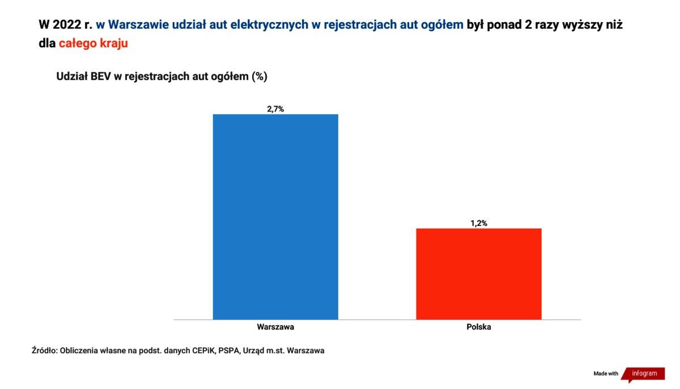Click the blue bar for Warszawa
pyautogui.click(x=275, y=216)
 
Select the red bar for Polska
pyautogui.click(x=479, y=273)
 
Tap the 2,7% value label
pyautogui.click(x=275, y=109)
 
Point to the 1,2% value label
pyautogui.click(x=479, y=223)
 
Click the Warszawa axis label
pyautogui.click(x=275, y=327)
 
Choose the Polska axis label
pyautogui.click(x=479, y=327)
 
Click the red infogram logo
pyautogui.click(x=644, y=374)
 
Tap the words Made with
pyautogui.click(x=606, y=374)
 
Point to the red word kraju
pyautogui.click(x=113, y=43)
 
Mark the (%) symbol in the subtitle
pyautogui.click(x=258, y=76)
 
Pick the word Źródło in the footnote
pyautogui.click(x=44, y=350)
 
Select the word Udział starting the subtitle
pyautogui.click(x=71, y=76)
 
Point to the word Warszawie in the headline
pyautogui.click(x=134, y=25)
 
